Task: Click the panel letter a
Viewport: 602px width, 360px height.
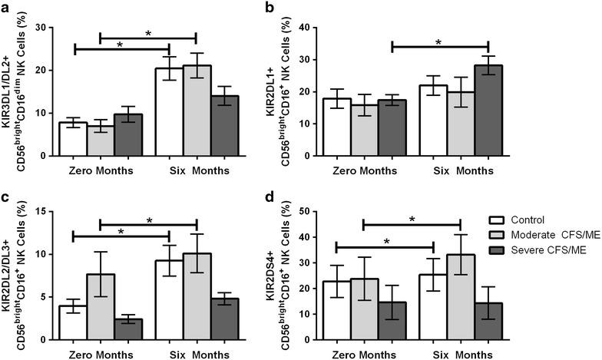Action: pos(5,8)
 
